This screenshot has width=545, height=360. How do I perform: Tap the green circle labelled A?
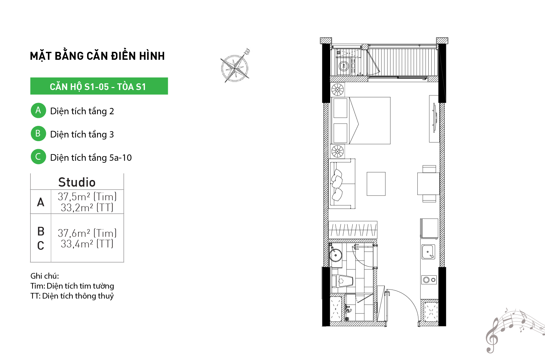point(38,110)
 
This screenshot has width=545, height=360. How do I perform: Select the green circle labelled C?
point(38,156)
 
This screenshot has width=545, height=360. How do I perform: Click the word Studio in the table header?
point(77,182)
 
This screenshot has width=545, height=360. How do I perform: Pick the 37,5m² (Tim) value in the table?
point(87,197)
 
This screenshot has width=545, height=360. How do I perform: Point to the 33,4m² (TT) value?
point(87,244)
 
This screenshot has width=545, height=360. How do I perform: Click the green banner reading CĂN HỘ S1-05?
point(99,86)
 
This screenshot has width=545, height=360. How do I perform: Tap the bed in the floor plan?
point(361,121)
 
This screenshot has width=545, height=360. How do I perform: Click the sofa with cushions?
point(342,184)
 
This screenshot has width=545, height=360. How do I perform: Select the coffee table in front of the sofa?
point(376,184)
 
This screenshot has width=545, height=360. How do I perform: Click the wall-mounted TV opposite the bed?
point(435,118)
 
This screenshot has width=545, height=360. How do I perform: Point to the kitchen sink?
point(428,252)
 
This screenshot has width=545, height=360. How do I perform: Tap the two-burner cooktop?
point(429,280)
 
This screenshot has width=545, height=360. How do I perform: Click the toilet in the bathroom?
point(342,281)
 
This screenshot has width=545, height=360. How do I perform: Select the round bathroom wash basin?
point(336,255)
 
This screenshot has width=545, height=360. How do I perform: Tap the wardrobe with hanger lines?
point(353,229)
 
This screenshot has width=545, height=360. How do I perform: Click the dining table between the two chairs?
point(428,184)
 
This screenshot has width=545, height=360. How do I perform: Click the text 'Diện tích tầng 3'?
point(82,135)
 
